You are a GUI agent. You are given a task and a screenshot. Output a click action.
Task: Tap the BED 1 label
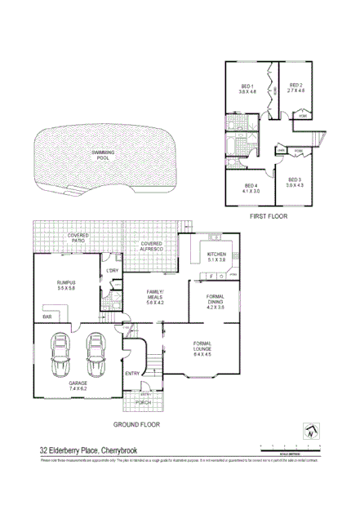(247, 86)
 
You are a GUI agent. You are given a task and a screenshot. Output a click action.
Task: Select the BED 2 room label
(296, 86)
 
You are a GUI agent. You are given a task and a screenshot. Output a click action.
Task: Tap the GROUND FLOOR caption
(137, 424)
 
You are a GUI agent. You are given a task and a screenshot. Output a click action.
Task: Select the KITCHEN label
(216, 255)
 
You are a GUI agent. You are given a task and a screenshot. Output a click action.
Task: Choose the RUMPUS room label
(65, 282)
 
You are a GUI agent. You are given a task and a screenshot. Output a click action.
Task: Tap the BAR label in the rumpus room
(47, 315)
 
